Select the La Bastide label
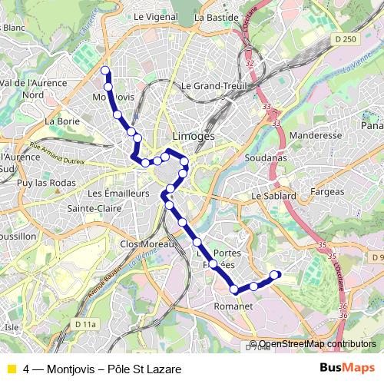click(x=212, y=16)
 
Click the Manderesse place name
click(x=316, y=135)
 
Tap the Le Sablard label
click(x=273, y=196)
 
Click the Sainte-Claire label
click(x=91, y=207)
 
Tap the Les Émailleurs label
click(x=119, y=194)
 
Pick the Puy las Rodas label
click(x=42, y=183)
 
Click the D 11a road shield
click(x=86, y=325)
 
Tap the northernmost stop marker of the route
click(x=105, y=71)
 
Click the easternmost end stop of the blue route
click(x=276, y=275)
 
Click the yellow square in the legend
click(x=12, y=369)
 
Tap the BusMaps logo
click(x=346, y=367)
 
